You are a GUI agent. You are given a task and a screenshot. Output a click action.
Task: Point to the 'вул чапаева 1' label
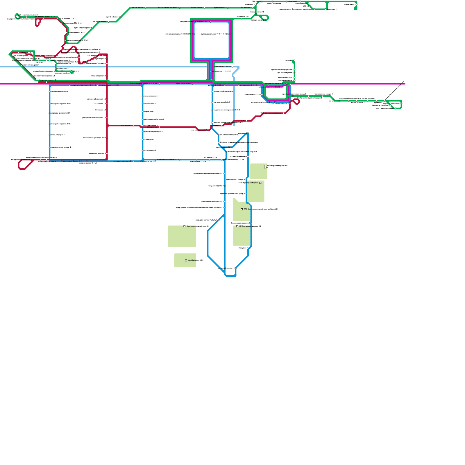(215, 126)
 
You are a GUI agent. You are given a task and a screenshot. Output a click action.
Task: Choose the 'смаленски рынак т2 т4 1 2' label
(275, 84)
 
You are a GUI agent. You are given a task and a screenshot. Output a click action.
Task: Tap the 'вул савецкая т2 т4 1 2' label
(248, 85)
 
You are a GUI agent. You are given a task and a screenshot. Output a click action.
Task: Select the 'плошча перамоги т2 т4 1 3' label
(109, 85)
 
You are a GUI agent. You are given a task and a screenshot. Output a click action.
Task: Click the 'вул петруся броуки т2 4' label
(72, 161)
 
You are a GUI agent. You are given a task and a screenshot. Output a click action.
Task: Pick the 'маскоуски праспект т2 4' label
(123, 161)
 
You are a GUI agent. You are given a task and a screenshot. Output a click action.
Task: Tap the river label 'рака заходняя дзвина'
(223, 67)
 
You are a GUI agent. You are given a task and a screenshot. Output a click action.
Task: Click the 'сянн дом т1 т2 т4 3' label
(184, 83)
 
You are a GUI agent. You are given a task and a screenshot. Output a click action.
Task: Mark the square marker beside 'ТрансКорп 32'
(260, 183)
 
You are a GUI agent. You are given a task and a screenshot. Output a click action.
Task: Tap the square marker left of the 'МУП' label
(237, 226)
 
